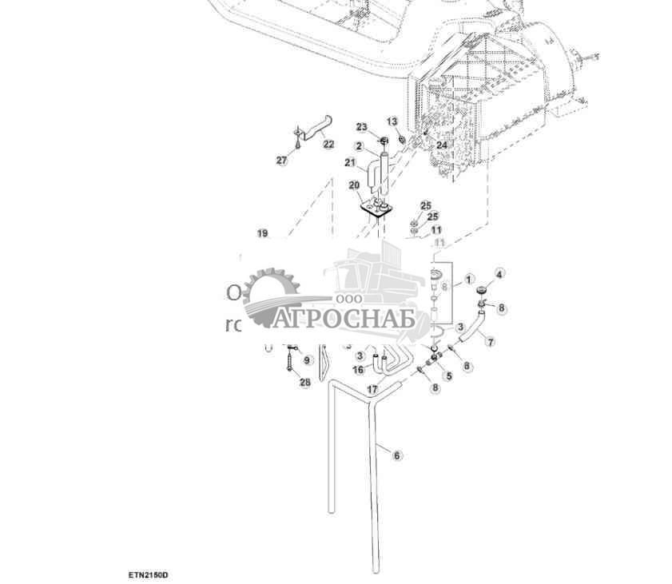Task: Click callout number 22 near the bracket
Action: point(328,144)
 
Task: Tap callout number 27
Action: point(281,161)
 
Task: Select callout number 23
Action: point(361,128)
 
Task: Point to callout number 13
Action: point(392,121)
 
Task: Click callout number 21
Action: point(349,163)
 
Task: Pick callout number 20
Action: point(354,185)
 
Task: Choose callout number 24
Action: point(442,145)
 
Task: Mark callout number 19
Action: point(262,233)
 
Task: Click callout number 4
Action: point(499,274)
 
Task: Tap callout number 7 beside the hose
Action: point(490,342)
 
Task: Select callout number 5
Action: point(448,375)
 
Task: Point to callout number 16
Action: point(359,370)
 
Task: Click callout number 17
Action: point(372,389)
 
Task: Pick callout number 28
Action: point(304,383)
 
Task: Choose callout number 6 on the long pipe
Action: point(397,455)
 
